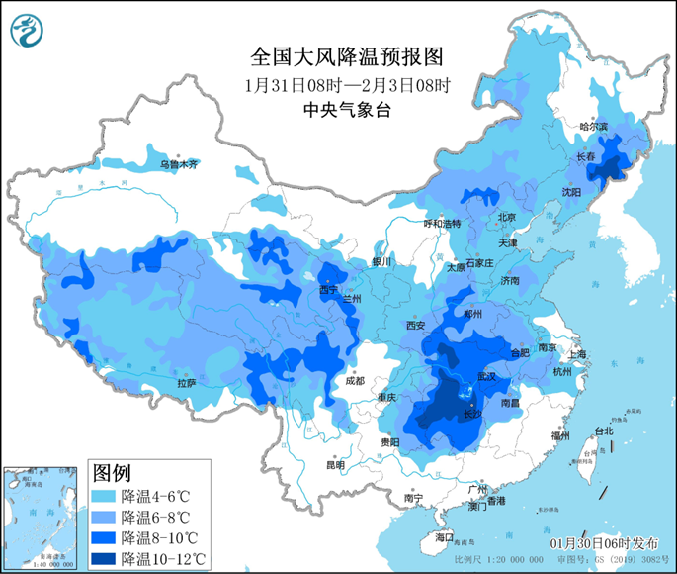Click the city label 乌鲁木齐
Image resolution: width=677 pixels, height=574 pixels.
tap(179, 163)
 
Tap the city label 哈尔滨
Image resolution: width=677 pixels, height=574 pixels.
tap(594, 127)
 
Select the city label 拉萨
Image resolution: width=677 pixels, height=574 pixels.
tap(187, 383)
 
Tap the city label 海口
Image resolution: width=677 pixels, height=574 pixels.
tap(444, 536)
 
